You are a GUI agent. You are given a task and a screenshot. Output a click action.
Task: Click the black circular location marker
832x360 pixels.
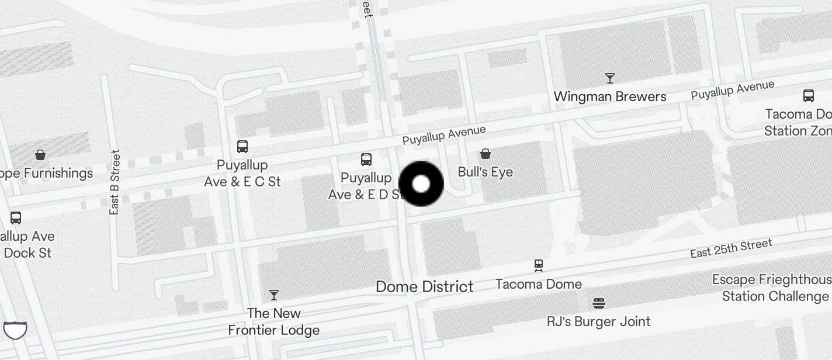(421, 184)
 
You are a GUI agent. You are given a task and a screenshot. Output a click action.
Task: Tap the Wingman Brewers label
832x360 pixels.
(609, 96)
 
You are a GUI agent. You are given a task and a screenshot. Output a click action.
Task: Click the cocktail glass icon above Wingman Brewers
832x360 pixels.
(610, 78)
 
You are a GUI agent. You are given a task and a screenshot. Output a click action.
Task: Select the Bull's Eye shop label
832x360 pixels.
(485, 172)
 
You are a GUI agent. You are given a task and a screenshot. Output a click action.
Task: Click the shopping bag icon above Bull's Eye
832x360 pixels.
(485, 154)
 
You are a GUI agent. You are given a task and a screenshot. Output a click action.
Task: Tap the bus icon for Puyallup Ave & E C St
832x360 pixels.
(242, 146)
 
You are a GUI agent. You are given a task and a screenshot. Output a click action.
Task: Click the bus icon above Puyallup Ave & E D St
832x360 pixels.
(366, 159)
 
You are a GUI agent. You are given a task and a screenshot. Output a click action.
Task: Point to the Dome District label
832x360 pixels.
(424, 286)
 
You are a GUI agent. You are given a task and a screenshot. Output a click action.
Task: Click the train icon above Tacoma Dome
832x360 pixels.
(539, 266)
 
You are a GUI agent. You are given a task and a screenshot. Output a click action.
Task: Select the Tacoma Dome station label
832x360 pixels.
(539, 284)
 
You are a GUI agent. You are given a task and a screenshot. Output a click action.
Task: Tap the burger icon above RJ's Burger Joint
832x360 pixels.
(598, 303)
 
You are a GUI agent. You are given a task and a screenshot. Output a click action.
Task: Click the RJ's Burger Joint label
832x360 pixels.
(598, 321)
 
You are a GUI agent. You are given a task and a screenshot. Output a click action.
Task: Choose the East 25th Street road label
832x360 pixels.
(731, 248)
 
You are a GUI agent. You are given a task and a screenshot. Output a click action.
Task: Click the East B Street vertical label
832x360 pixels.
(115, 182)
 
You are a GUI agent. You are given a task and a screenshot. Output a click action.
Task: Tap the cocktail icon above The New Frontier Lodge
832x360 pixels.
(273, 295)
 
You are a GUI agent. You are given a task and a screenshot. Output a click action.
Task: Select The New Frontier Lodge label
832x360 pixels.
(273, 321)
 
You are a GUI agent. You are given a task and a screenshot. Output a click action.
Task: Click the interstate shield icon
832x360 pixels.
(15, 330)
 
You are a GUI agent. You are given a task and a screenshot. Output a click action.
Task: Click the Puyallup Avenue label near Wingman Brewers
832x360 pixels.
(732, 90)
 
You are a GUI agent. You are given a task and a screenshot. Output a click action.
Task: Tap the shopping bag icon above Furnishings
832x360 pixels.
(40, 155)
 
